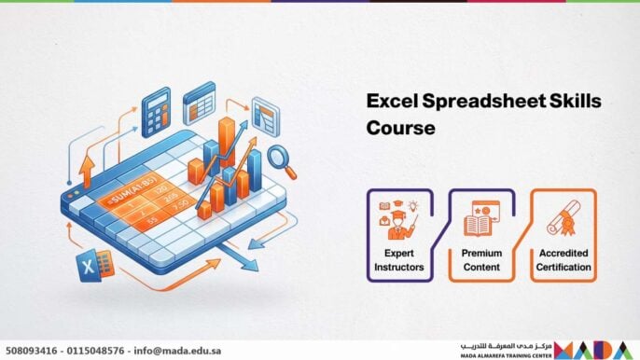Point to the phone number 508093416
click(x=35, y=351)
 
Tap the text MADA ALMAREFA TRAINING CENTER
click(x=505, y=355)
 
